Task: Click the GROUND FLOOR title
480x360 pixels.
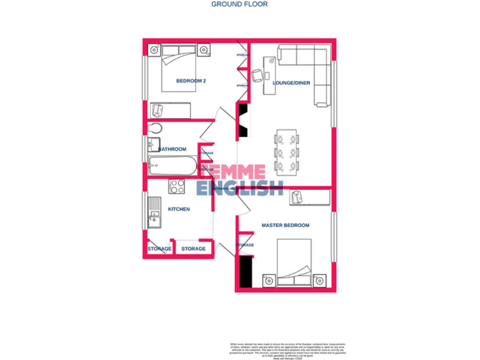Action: pyautogui.click(x=239, y=4)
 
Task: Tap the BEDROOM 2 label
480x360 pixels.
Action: pyautogui.click(x=191, y=81)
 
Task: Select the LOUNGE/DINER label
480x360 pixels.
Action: pyautogui.click(x=292, y=82)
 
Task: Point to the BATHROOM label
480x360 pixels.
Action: pyautogui.click(x=172, y=149)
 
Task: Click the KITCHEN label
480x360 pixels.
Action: pyautogui.click(x=179, y=209)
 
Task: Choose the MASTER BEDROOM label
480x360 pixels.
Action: pyautogui.click(x=285, y=225)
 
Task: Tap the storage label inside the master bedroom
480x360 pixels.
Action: pyautogui.click(x=245, y=245)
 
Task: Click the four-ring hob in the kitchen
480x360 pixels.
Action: pyautogui.click(x=177, y=186)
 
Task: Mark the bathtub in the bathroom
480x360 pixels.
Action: pyautogui.click(x=172, y=166)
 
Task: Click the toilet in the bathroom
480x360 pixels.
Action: pyautogui.click(x=156, y=129)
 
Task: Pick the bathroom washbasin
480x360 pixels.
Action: pyautogui.click(x=153, y=146)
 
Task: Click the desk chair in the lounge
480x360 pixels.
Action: pyautogui.click(x=257, y=76)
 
